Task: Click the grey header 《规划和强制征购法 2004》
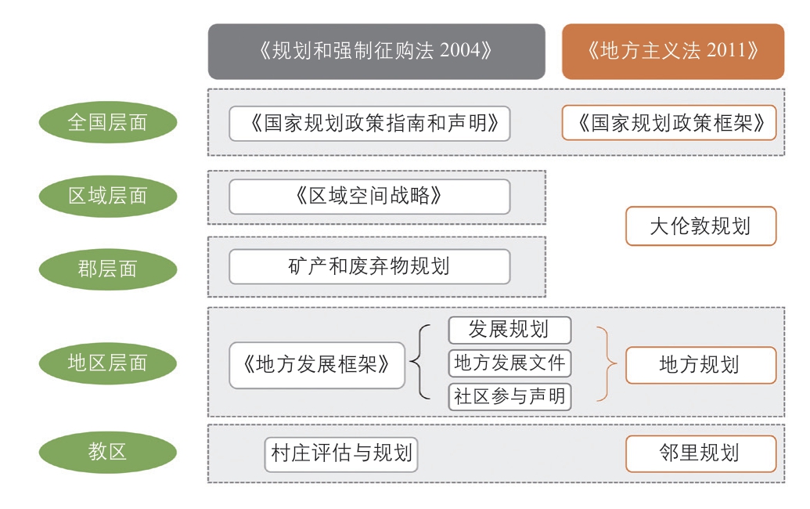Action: [376, 51]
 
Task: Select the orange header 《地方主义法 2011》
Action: [673, 51]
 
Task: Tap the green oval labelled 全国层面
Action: [108, 122]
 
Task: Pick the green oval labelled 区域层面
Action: [108, 196]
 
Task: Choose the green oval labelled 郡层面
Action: [108, 269]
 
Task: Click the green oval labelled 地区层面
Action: [108, 363]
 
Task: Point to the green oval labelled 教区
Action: [108, 452]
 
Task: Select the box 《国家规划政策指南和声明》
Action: [369, 124]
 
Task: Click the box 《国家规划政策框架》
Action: [669, 123]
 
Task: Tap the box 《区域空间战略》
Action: [369, 197]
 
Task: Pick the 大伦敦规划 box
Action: [701, 226]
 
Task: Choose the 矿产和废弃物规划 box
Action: [369, 267]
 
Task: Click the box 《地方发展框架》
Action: [317, 365]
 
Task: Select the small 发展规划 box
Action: [509, 330]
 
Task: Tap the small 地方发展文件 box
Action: [509, 363]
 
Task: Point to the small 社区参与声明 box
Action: [509, 397]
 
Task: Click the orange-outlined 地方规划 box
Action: [701, 365]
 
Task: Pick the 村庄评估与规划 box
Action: [341, 454]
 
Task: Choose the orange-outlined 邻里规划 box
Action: [701, 453]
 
